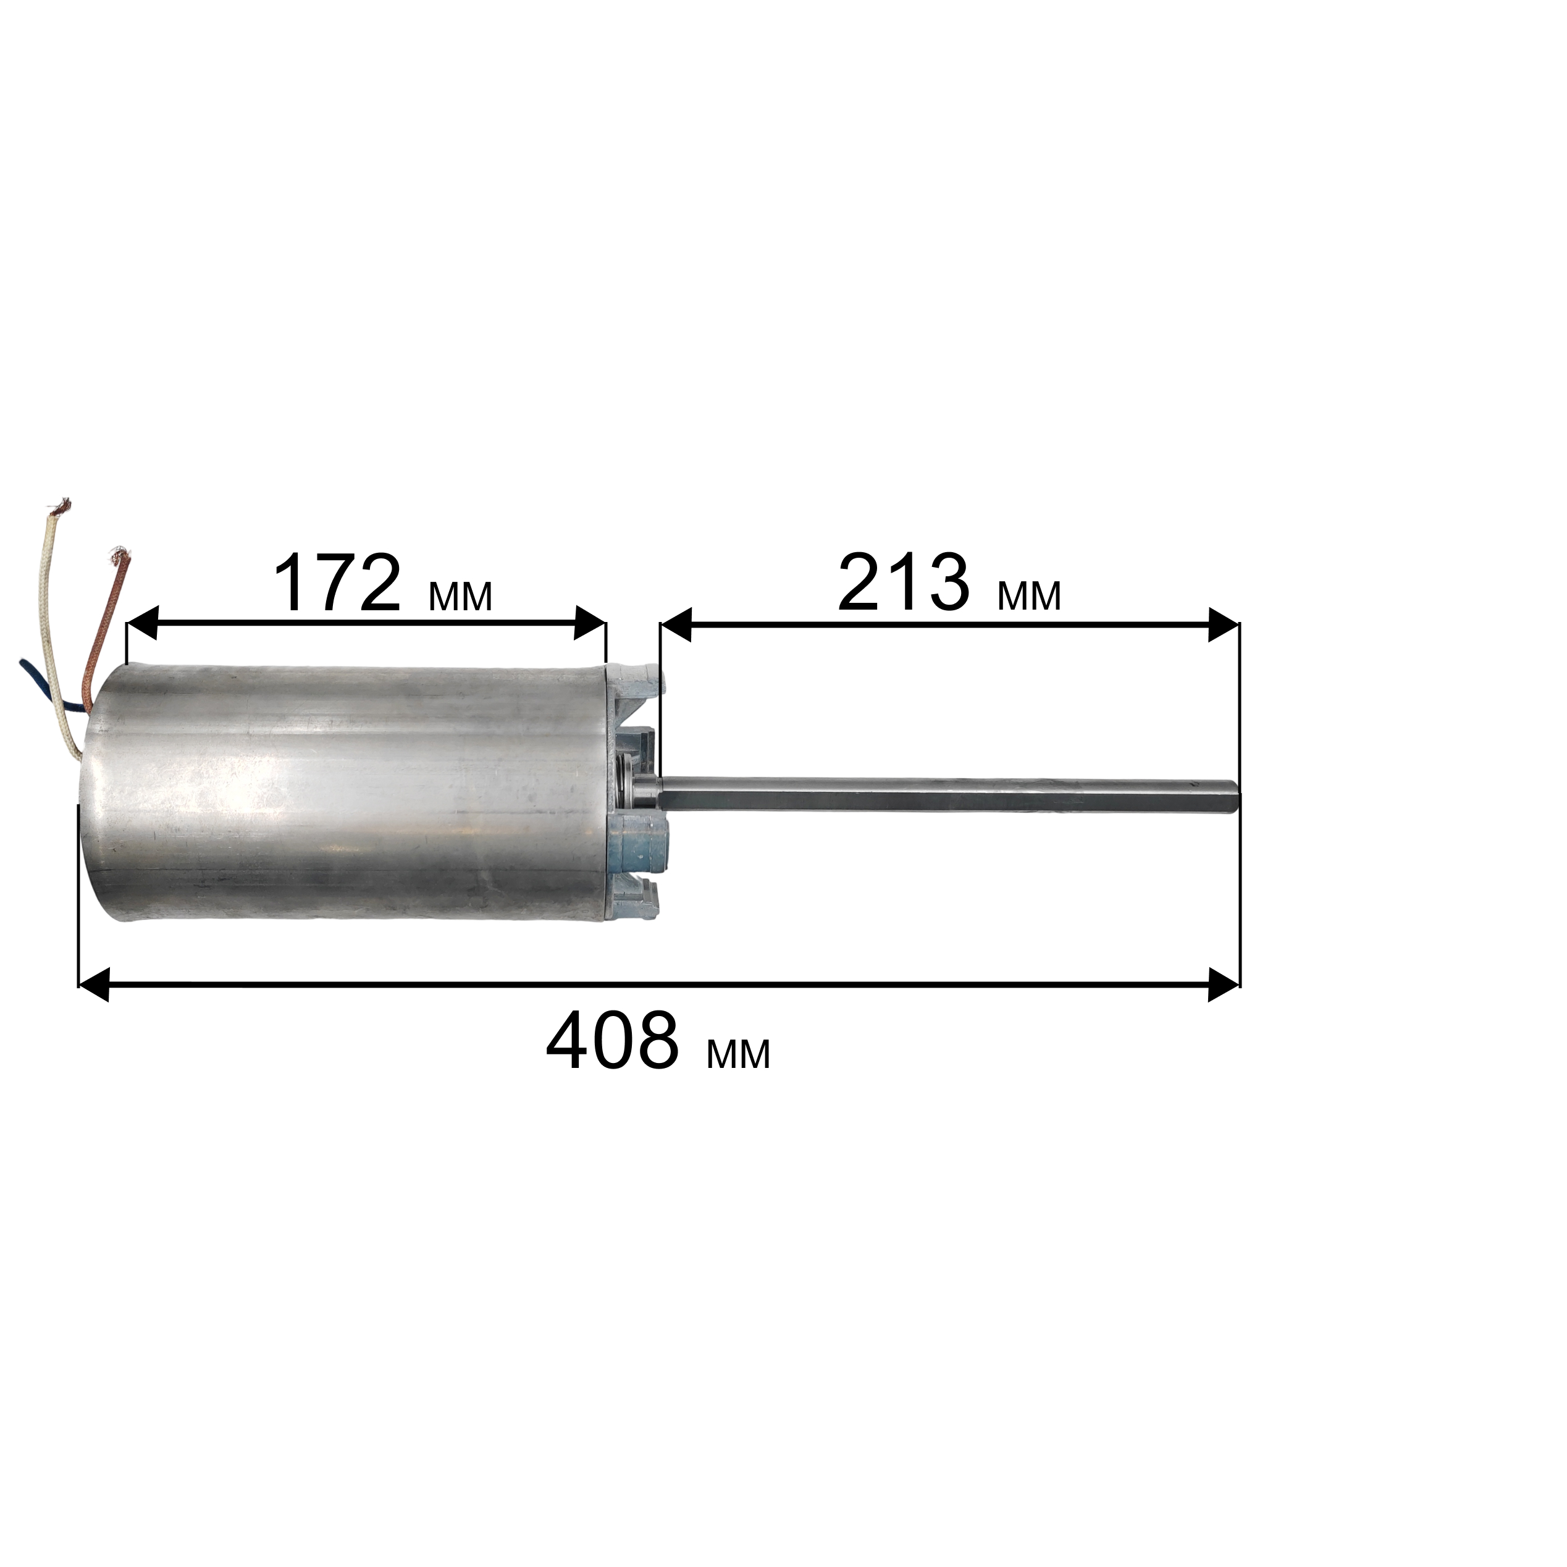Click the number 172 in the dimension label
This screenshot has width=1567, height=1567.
pyautogui.click(x=337, y=584)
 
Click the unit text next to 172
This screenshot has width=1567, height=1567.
pyautogui.click(x=460, y=597)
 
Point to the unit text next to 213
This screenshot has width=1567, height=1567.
pyautogui.click(x=1029, y=597)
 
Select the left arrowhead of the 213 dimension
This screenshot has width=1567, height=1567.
pyautogui.click(x=676, y=624)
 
